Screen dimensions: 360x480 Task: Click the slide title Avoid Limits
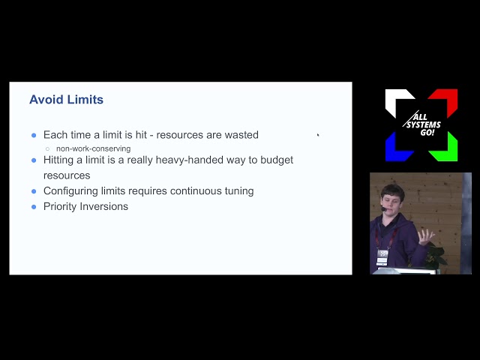point(66,100)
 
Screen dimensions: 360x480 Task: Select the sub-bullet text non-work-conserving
point(93,148)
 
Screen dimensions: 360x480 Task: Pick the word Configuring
point(71,191)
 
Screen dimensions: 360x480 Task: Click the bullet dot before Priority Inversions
point(34,206)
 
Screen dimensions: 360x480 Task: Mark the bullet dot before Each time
point(34,136)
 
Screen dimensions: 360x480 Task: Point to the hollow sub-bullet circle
point(47,149)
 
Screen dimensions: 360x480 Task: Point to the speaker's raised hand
point(425,237)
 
